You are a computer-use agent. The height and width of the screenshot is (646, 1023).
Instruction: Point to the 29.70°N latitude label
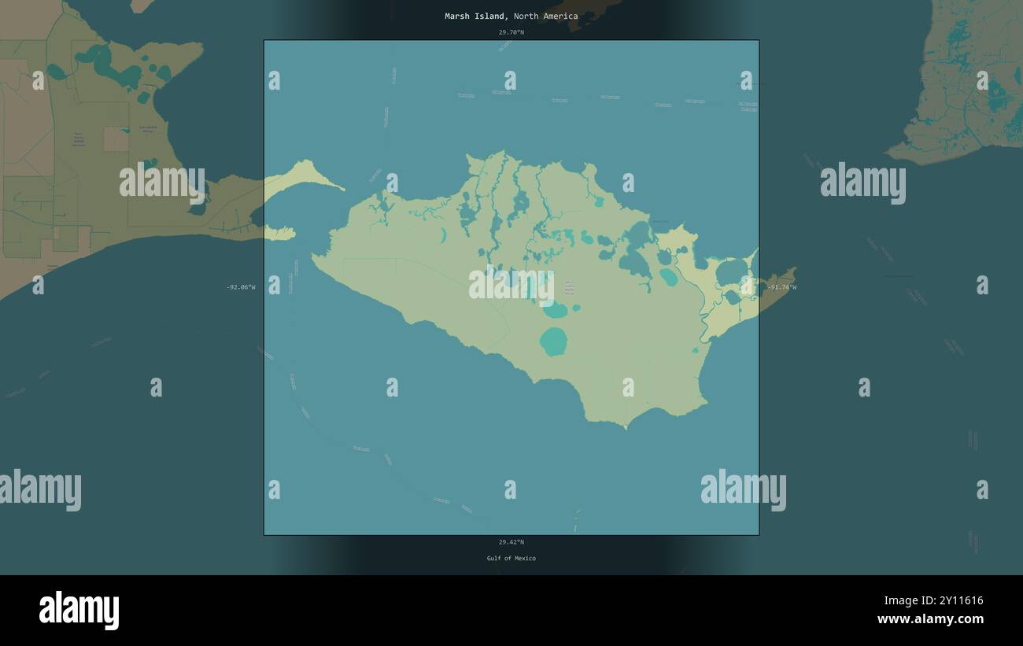click(511, 32)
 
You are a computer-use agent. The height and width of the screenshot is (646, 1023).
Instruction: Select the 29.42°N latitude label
click(511, 542)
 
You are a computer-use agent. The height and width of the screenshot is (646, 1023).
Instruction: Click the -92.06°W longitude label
click(241, 287)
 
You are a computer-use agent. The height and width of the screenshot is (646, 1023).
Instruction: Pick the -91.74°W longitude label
click(781, 287)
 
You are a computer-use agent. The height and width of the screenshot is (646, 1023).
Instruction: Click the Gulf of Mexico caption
click(511, 559)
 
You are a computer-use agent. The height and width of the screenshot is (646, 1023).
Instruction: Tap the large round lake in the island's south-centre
click(553, 341)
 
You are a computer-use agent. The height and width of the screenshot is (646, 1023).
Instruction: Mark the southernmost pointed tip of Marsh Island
click(626, 427)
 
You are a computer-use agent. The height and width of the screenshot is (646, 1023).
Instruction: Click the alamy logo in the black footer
click(79, 611)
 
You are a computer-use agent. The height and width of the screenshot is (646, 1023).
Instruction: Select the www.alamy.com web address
click(930, 619)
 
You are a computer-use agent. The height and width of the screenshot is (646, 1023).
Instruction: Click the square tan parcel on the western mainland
click(116, 138)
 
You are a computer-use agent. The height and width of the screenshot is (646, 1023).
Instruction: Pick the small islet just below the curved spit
click(279, 233)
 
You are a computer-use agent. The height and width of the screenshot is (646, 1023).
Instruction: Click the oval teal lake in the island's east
click(668, 276)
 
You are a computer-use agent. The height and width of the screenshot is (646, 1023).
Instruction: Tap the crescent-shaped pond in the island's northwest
click(443, 235)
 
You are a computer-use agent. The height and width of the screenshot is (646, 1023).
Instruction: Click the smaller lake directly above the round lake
click(556, 310)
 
